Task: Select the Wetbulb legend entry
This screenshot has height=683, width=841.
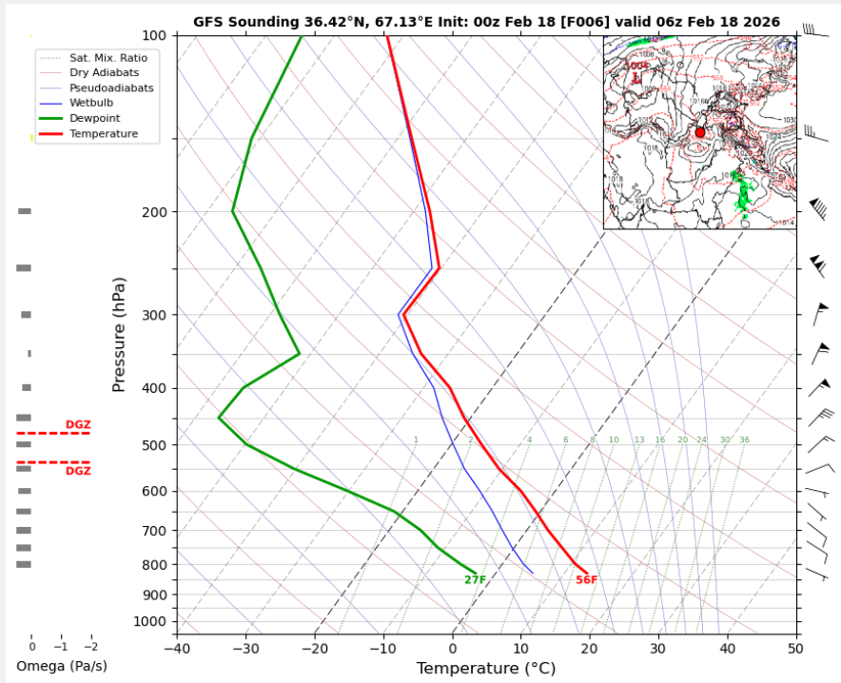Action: pyautogui.click(x=90, y=103)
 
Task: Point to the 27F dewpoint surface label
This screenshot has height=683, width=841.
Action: pyautogui.click(x=475, y=580)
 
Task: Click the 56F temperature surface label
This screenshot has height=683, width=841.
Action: pyautogui.click(x=586, y=580)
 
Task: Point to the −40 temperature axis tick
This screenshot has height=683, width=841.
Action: pyautogui.click(x=177, y=649)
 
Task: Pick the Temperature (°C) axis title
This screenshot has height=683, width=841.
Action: pyautogui.click(x=485, y=669)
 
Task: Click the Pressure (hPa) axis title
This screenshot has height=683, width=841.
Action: pyautogui.click(x=120, y=330)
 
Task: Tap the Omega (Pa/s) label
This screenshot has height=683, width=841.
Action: pyautogui.click(x=62, y=666)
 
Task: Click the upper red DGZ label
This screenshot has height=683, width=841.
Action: pyautogui.click(x=78, y=424)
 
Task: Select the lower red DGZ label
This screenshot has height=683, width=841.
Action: pyautogui.click(x=78, y=471)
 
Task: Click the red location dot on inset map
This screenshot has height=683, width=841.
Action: pyautogui.click(x=700, y=132)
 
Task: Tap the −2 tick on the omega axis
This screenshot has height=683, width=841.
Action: pyautogui.click(x=90, y=646)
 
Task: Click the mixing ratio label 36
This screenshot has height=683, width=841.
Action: pyautogui.click(x=744, y=440)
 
